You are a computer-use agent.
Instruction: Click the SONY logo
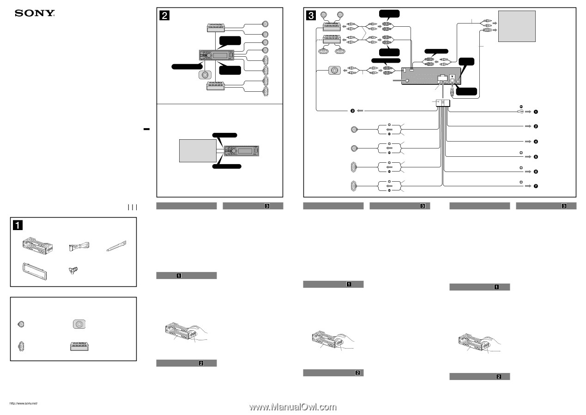(35, 13)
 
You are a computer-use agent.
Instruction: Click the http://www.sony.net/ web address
(23, 403)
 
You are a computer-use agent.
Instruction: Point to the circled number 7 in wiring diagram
(536, 187)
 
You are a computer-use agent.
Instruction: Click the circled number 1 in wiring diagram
(536, 112)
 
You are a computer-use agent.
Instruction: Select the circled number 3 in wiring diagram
(352, 111)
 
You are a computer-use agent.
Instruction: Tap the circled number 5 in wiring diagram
(536, 157)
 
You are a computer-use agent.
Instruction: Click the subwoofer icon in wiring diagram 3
(334, 71)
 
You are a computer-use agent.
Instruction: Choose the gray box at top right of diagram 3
(517, 26)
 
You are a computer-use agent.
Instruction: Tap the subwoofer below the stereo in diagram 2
(204, 75)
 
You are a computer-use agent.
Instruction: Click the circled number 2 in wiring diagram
(536, 126)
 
